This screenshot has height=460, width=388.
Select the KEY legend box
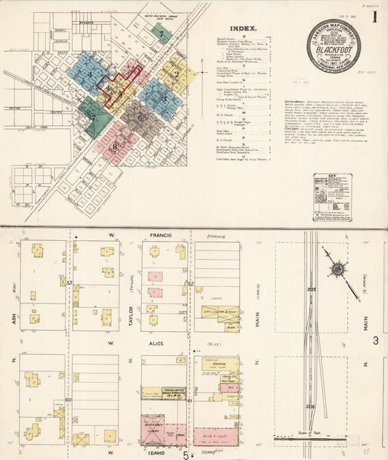[332, 197]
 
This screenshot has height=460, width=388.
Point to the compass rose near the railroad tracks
[337, 270]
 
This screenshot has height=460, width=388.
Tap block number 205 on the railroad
[312, 290]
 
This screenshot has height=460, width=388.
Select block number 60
[68, 400]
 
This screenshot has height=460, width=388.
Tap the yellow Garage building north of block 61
[219, 364]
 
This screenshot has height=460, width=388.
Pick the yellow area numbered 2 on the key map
[176, 74]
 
